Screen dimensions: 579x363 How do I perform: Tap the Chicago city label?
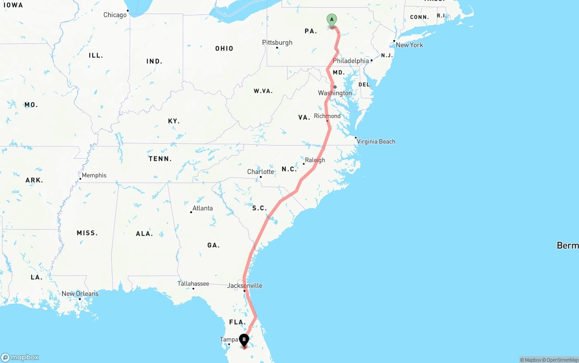click(115, 15)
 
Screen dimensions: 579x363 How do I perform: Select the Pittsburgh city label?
click(277, 42)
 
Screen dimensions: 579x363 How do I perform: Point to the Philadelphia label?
click(351, 61)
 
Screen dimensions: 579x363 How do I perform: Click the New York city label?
click(409, 45)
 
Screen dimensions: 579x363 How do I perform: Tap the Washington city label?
click(335, 93)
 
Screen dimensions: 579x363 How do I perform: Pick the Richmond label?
click(327, 116)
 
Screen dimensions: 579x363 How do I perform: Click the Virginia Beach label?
click(376, 141)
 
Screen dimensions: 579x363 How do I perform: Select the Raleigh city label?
click(315, 160)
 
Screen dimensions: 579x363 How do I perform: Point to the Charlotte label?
click(261, 172)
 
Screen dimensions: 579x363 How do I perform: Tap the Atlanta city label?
click(202, 208)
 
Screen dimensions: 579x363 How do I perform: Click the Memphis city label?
click(94, 175)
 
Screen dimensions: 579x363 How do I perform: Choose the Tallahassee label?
click(193, 283)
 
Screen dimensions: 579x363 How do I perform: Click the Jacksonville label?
click(245, 286)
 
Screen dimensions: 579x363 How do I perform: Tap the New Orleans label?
click(80, 294)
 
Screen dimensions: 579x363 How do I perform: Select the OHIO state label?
click(224, 48)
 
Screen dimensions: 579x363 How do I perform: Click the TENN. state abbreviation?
click(160, 159)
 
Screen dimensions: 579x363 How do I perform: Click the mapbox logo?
click(20, 358)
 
